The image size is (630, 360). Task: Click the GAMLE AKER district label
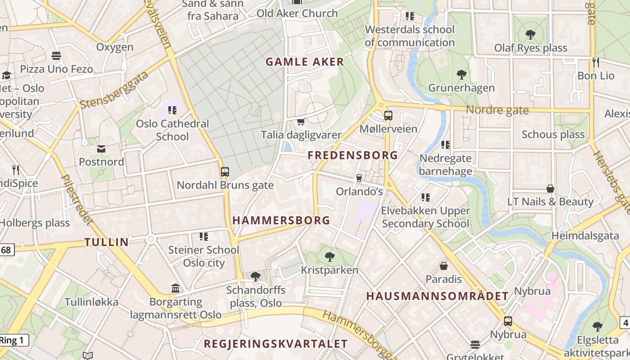tap(305, 62)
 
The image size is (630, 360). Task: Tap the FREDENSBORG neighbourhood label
tap(353, 155)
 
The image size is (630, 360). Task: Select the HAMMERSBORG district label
tap(281, 220)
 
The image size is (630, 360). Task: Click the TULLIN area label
tap(107, 242)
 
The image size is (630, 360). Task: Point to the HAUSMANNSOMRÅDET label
tap(437, 296)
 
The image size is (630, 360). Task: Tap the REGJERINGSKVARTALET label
tap(276, 344)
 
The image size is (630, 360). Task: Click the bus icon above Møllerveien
tap(388, 116)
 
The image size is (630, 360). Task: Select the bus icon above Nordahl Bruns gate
tap(225, 171)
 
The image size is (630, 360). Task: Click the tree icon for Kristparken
tap(330, 257)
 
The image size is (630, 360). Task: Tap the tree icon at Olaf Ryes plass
tap(531, 34)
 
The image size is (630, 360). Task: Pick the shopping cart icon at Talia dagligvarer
tap(301, 121)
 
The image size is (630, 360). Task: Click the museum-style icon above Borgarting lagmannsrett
tap(175, 288)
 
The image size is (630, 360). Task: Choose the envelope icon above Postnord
tap(101, 148)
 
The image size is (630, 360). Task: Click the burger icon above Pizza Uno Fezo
tap(56, 56)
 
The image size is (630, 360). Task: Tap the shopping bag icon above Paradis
tap(444, 266)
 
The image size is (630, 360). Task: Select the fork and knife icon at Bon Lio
tap(596, 62)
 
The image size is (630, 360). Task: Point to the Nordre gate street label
tap(497, 110)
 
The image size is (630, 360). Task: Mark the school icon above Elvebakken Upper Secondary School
tap(426, 197)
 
